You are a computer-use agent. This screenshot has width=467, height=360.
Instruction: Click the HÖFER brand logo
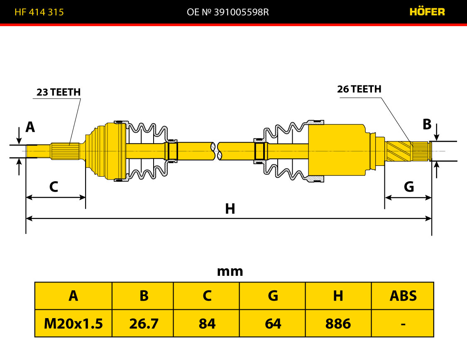pos(427,12)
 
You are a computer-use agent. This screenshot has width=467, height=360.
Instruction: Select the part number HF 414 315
pos(39,12)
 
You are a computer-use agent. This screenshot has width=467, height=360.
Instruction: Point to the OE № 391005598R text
pos(228,12)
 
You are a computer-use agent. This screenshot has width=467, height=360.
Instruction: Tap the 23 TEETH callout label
pos(59,92)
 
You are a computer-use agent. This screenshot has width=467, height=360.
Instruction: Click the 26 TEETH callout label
pos(359,89)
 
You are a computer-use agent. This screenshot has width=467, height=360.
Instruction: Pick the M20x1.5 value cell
pos(73,324)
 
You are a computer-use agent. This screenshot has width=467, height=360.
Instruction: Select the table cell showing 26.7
pos(144,324)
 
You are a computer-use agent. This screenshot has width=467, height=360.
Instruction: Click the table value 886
pos(338,324)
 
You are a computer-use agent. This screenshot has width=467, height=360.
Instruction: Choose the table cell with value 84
pos(207,324)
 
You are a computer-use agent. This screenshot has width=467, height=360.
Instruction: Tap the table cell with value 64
pos(273,324)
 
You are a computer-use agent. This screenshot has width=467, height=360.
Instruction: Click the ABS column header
pos(403,296)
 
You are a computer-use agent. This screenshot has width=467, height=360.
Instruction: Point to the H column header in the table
pos(338,296)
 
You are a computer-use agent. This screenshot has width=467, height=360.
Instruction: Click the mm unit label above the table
pos(230,272)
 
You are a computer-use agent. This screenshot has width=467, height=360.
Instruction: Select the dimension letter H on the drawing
pos(230,209)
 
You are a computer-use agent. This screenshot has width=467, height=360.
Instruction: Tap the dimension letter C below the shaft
pos(54,187)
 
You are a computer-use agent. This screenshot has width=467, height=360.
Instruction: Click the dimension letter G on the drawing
pos(409,187)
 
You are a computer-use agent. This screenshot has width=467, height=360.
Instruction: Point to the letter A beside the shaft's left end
pos(30,127)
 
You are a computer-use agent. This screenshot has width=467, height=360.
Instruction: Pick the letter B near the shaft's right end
pos(427,124)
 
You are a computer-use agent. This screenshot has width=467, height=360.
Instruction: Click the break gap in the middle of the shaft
pos(217,151)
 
